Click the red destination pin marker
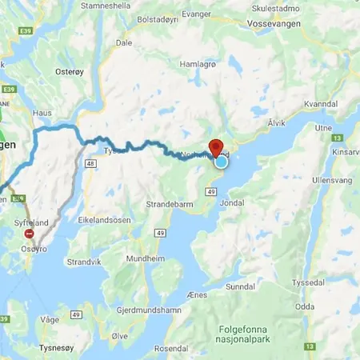click(x=214, y=149)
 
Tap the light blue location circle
click(x=221, y=162)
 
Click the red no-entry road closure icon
click(x=30, y=234)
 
